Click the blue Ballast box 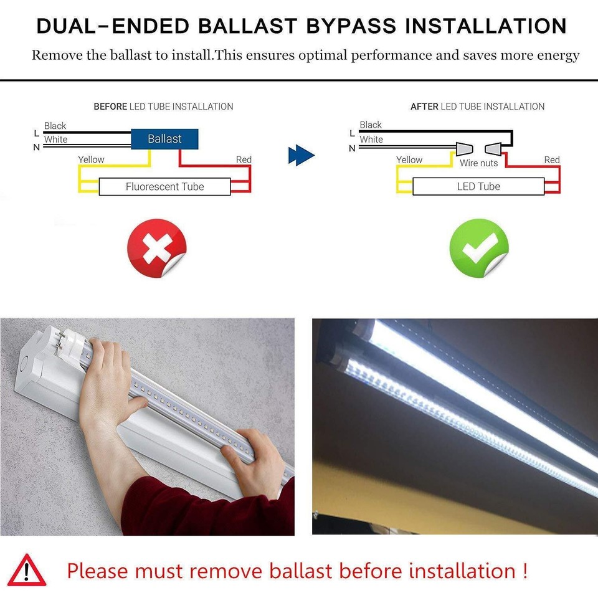click(x=164, y=139)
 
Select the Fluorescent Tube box click(x=164, y=186)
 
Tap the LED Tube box click(x=478, y=186)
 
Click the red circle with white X click(x=156, y=249)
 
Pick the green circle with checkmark click(x=479, y=249)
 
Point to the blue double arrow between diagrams click(x=301, y=155)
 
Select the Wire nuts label click(x=478, y=163)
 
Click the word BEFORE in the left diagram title click(x=110, y=107)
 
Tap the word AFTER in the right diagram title click(x=424, y=107)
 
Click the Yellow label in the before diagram click(x=91, y=159)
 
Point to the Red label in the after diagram click(x=551, y=159)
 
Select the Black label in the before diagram click(x=55, y=126)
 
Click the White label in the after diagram click(x=371, y=140)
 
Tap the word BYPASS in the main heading click(x=351, y=26)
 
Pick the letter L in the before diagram click(x=36, y=133)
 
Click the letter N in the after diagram click(x=352, y=148)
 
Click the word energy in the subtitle click(x=556, y=55)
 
